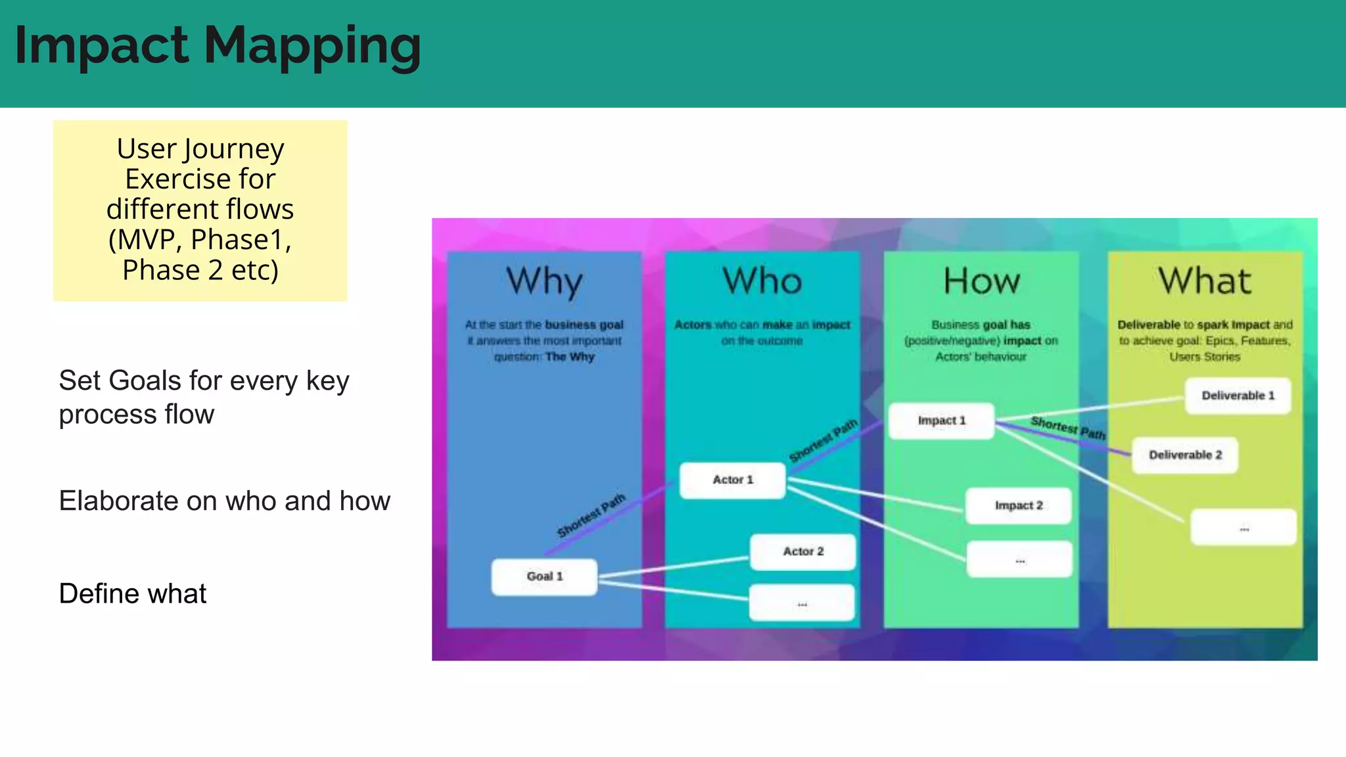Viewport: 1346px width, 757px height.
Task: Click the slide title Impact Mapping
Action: [x=218, y=46]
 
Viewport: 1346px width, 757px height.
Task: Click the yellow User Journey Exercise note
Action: [x=200, y=210]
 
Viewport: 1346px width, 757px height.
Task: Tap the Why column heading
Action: [x=544, y=281]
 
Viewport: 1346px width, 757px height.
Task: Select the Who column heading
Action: [x=762, y=281]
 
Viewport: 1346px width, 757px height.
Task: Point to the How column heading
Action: [x=981, y=281]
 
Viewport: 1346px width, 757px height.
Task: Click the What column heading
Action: [x=1205, y=281]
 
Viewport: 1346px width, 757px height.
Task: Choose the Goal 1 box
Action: [x=544, y=576]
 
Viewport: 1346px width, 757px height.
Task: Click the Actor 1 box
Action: [x=733, y=480]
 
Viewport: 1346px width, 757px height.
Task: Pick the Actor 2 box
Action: [x=802, y=551]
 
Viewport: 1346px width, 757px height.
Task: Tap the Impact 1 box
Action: [x=941, y=421]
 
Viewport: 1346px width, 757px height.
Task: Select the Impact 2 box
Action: [x=1018, y=505]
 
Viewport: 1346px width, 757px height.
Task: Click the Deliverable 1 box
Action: [x=1238, y=396]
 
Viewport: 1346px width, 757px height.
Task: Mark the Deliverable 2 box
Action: [x=1185, y=455]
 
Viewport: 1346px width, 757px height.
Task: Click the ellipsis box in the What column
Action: [x=1243, y=527]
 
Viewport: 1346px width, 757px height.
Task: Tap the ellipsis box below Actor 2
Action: [x=802, y=603]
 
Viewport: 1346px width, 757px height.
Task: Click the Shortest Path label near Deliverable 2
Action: [x=1068, y=428]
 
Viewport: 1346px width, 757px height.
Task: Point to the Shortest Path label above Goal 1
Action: [x=591, y=516]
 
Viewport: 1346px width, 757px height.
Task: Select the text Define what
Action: [x=133, y=593]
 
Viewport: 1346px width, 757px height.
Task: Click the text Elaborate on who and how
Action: [x=224, y=501]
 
